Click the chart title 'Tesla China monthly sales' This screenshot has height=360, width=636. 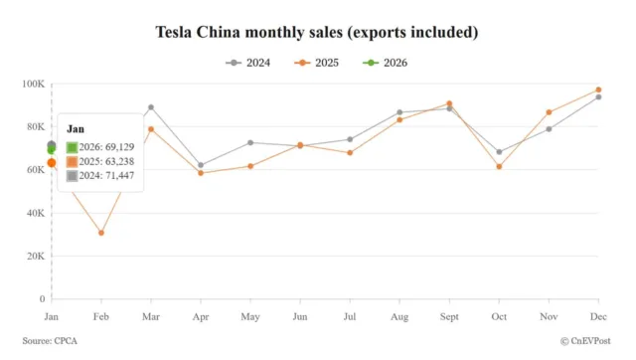[x=317, y=33]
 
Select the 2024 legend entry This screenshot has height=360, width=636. [x=249, y=63]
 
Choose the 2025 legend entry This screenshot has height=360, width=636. [x=317, y=63]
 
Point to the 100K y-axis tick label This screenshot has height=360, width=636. [x=33, y=84]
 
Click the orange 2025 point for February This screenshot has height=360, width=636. [x=101, y=233]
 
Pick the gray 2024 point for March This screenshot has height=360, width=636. [x=151, y=107]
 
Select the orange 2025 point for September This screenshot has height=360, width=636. [x=449, y=103]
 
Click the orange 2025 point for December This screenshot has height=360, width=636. [x=598, y=90]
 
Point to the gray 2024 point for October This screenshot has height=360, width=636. [x=499, y=152]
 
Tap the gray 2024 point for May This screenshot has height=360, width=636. [x=250, y=142]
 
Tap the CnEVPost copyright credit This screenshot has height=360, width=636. [x=586, y=341]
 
